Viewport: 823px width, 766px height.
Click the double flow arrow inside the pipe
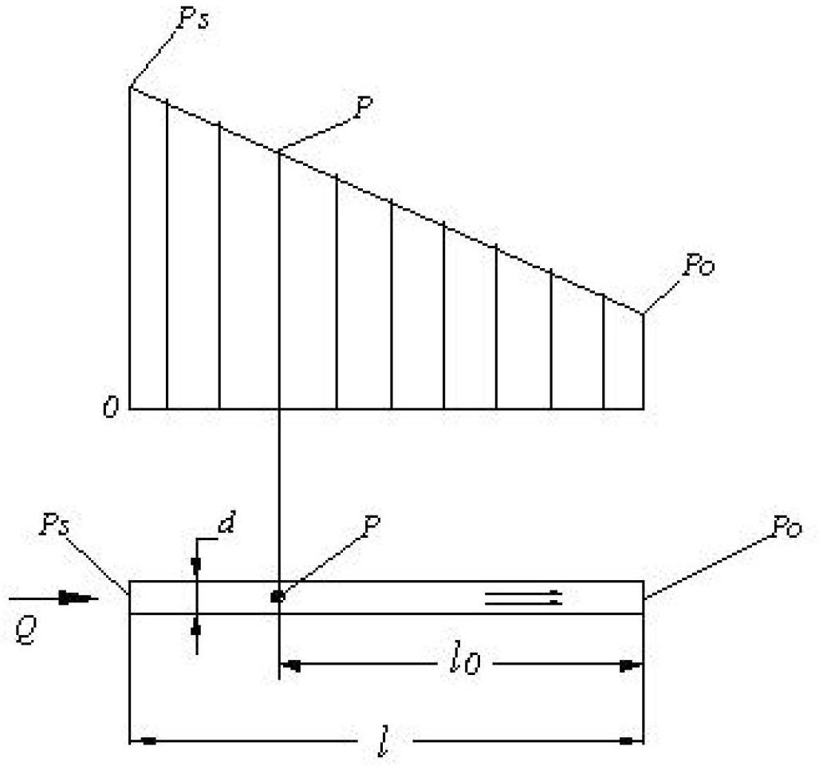coord(524,598)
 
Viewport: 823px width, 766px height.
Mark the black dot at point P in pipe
coord(278,597)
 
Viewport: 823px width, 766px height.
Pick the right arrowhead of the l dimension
coord(632,741)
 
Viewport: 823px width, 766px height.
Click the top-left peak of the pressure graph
coord(130,86)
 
